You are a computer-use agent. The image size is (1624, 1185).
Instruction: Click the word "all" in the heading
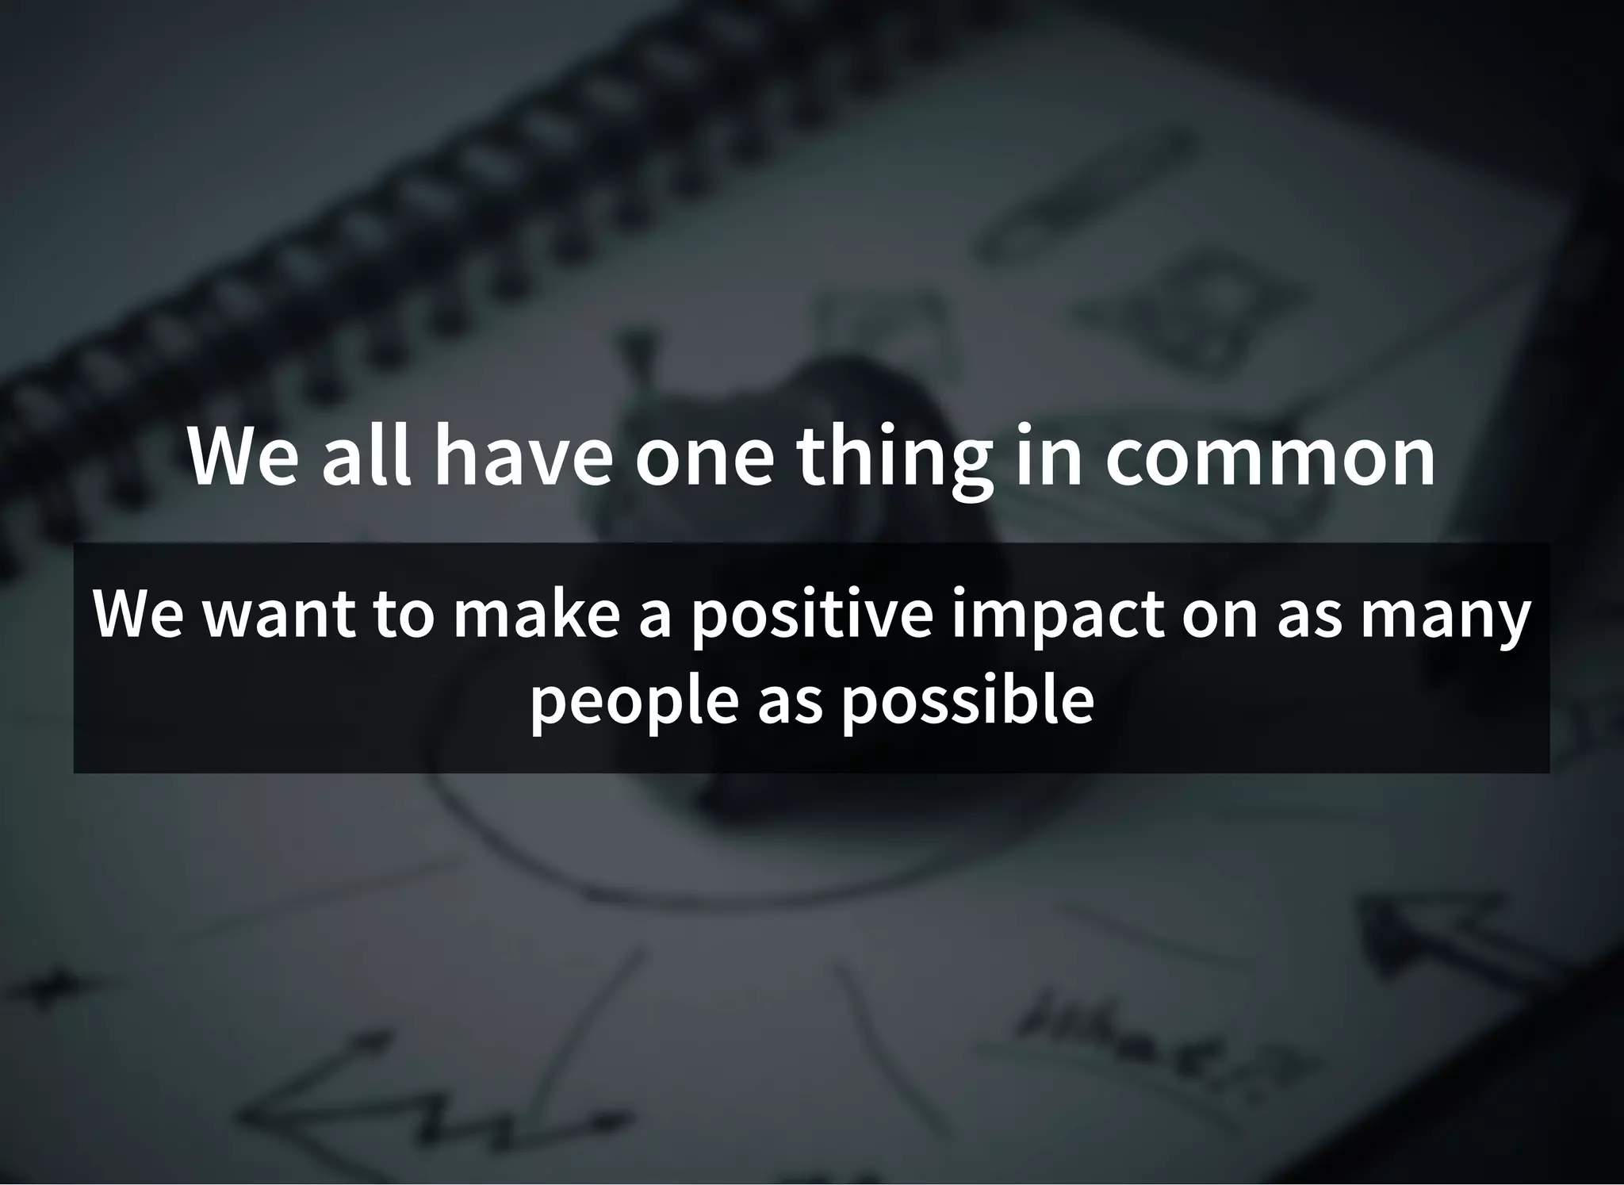[366, 458]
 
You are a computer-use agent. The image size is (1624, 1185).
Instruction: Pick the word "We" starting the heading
[242, 458]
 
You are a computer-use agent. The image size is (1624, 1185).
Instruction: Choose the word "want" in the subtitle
[278, 616]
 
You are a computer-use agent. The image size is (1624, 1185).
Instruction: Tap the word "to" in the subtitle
[404, 616]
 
